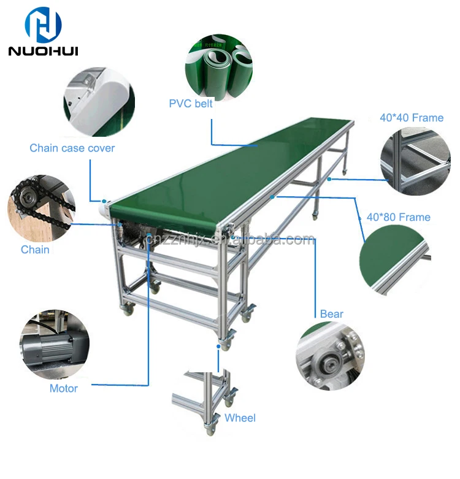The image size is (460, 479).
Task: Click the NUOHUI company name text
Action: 43,50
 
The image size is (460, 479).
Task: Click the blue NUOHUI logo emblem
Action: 43,23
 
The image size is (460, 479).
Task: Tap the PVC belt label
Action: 191,104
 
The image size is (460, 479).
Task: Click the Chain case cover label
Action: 72,148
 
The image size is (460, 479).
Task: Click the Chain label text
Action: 35,250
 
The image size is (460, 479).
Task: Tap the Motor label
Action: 64,388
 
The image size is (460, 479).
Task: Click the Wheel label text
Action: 240,418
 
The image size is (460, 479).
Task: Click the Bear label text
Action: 332,314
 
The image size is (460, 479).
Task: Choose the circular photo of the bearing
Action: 331,356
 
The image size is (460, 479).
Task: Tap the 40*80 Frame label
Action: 398,217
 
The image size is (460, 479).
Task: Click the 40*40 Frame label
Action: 412,117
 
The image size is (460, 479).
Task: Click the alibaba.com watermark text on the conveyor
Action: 258,240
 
